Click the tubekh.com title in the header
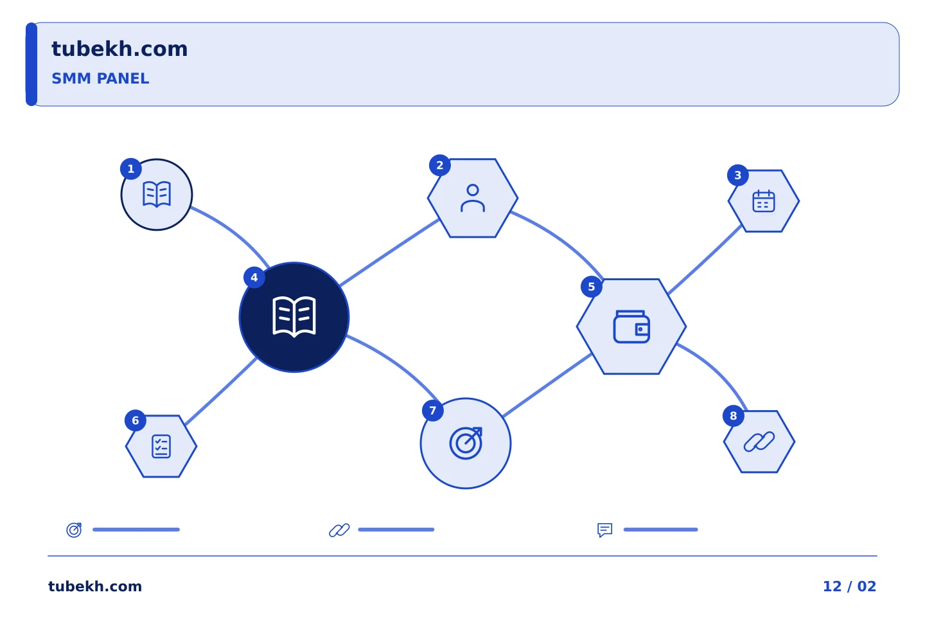(119, 49)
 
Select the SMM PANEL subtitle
(100, 78)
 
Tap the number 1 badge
(131, 169)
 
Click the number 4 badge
(254, 277)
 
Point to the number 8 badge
(734, 416)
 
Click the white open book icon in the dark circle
(294, 317)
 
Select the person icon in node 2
(473, 198)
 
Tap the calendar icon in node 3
(764, 201)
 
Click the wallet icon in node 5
(631, 326)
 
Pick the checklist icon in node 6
(161, 446)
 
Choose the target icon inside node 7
(466, 443)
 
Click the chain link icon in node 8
(759, 442)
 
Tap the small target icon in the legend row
(75, 530)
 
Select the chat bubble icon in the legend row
(605, 530)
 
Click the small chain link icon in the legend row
(339, 530)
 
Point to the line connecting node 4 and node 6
(221, 391)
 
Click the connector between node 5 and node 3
(705, 260)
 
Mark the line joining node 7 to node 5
(547, 385)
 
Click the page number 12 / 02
(849, 586)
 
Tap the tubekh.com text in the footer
(95, 586)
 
